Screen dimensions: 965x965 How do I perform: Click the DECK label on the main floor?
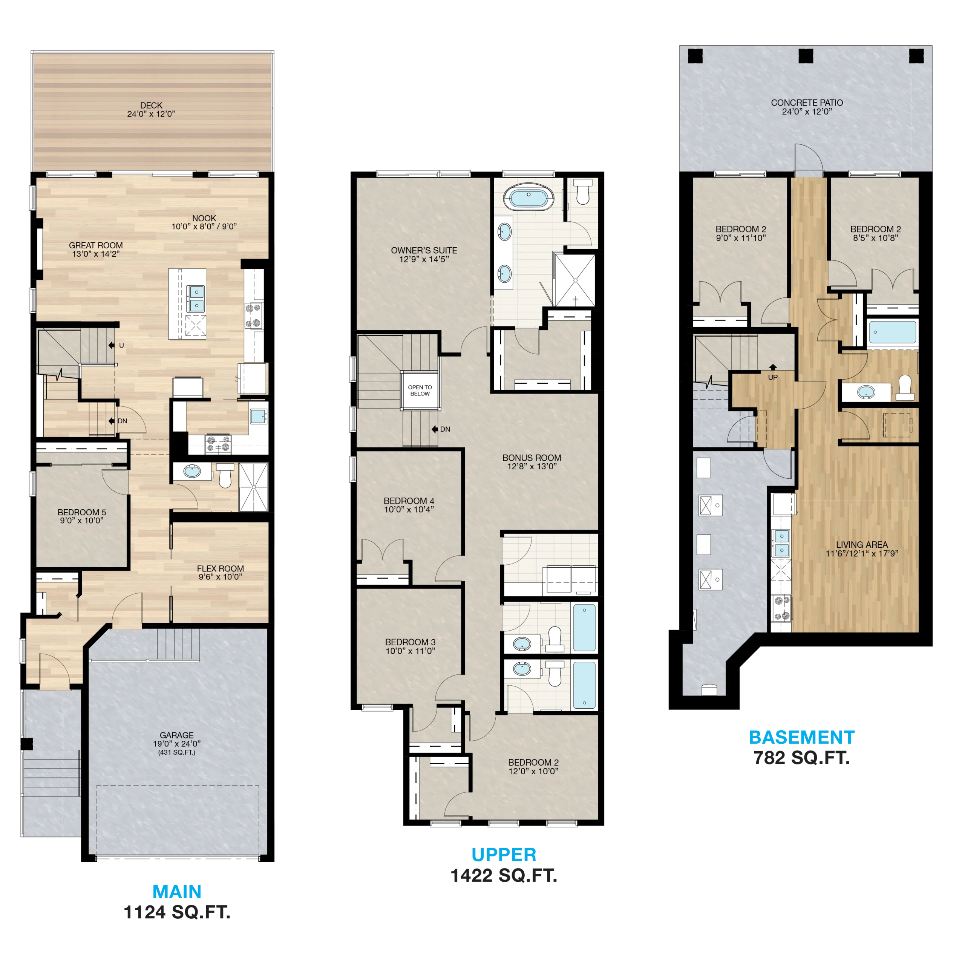point(151,106)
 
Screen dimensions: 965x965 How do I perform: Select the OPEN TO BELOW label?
point(420,390)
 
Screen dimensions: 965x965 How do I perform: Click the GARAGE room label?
point(177,735)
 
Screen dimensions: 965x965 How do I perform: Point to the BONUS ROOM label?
point(532,458)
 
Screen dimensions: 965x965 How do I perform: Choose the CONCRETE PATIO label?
point(807,103)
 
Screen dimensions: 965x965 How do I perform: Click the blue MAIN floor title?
point(177,891)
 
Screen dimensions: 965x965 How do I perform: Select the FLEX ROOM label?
point(220,568)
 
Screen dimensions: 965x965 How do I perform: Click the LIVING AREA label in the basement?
point(862,544)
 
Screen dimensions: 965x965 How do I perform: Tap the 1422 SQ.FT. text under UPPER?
point(504,875)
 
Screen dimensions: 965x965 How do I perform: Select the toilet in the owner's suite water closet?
point(583,192)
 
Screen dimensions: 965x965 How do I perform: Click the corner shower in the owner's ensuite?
point(575,280)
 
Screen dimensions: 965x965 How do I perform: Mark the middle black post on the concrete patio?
point(806,56)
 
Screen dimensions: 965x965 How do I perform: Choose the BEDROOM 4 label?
point(409,501)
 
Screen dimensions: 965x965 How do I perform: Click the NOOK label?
point(204,218)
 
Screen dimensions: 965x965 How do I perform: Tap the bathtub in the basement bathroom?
point(893,332)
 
